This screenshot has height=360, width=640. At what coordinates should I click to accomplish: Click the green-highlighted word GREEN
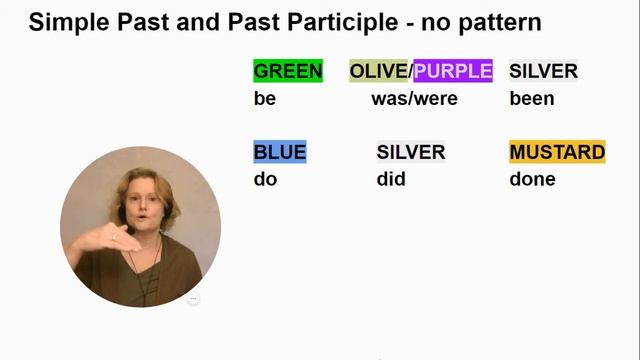click(x=288, y=71)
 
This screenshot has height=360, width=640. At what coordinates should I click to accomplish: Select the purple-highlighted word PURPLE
click(x=453, y=71)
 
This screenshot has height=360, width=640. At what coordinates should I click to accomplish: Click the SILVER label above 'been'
click(x=543, y=71)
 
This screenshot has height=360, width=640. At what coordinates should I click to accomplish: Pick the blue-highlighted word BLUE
click(x=280, y=152)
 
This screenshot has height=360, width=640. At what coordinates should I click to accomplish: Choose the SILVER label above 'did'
click(x=410, y=152)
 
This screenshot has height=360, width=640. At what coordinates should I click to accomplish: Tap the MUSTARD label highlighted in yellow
click(x=557, y=152)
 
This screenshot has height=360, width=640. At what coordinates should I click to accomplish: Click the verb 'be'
click(x=265, y=99)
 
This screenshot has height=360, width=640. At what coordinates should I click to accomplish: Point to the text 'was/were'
click(x=406, y=99)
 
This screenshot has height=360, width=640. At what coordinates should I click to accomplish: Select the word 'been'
click(x=531, y=99)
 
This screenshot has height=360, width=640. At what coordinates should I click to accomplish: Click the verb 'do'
click(x=265, y=180)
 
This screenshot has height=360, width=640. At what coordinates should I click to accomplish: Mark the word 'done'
click(x=532, y=180)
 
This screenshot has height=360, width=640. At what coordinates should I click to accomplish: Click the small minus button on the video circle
click(x=194, y=298)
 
